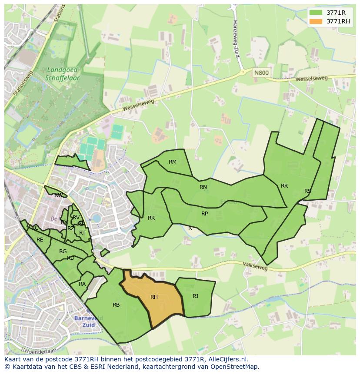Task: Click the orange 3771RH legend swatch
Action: [x=316, y=21]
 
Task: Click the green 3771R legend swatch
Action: [x=316, y=13]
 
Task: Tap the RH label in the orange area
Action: [x=154, y=297]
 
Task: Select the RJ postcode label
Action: [x=196, y=296]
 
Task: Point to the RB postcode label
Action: [x=116, y=305]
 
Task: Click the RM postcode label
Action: [x=173, y=162]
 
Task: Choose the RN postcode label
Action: [x=203, y=187]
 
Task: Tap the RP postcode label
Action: [x=204, y=214]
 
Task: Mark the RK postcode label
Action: [x=151, y=218]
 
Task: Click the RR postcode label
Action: [x=284, y=186]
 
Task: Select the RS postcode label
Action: [x=308, y=191]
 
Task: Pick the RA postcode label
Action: [x=82, y=284]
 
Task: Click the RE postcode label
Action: [x=40, y=240]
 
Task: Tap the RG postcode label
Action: [x=63, y=252]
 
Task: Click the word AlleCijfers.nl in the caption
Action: [x=227, y=360]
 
